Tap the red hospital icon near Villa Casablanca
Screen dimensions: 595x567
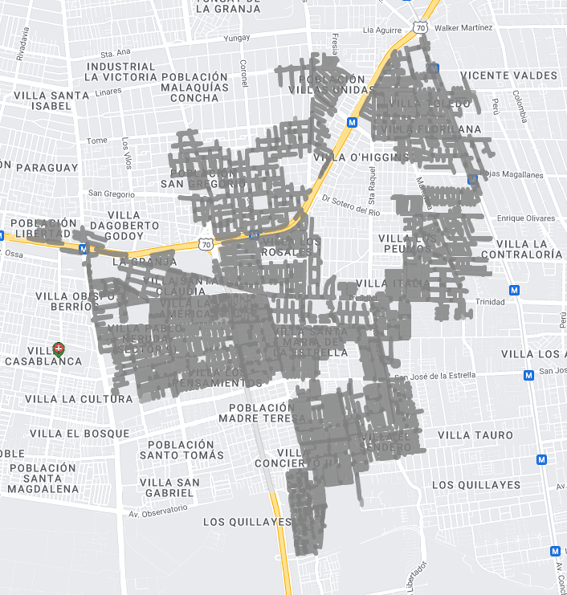coord(58,348)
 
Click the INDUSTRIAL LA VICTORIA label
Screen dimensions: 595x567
coord(120,72)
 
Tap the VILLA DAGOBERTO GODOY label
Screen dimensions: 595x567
coord(124,226)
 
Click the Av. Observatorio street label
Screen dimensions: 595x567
coord(157,510)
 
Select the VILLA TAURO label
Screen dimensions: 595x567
coord(475,435)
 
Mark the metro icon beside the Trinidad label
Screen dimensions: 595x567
coord(515,290)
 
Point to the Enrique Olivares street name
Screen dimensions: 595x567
coord(526,218)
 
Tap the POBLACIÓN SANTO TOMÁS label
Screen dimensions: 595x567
coord(181,450)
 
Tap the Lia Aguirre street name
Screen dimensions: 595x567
coord(381,30)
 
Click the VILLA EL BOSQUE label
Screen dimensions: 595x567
coord(80,434)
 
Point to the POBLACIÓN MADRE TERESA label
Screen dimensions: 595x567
coord(262,414)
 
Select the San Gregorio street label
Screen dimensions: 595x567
coord(112,194)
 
